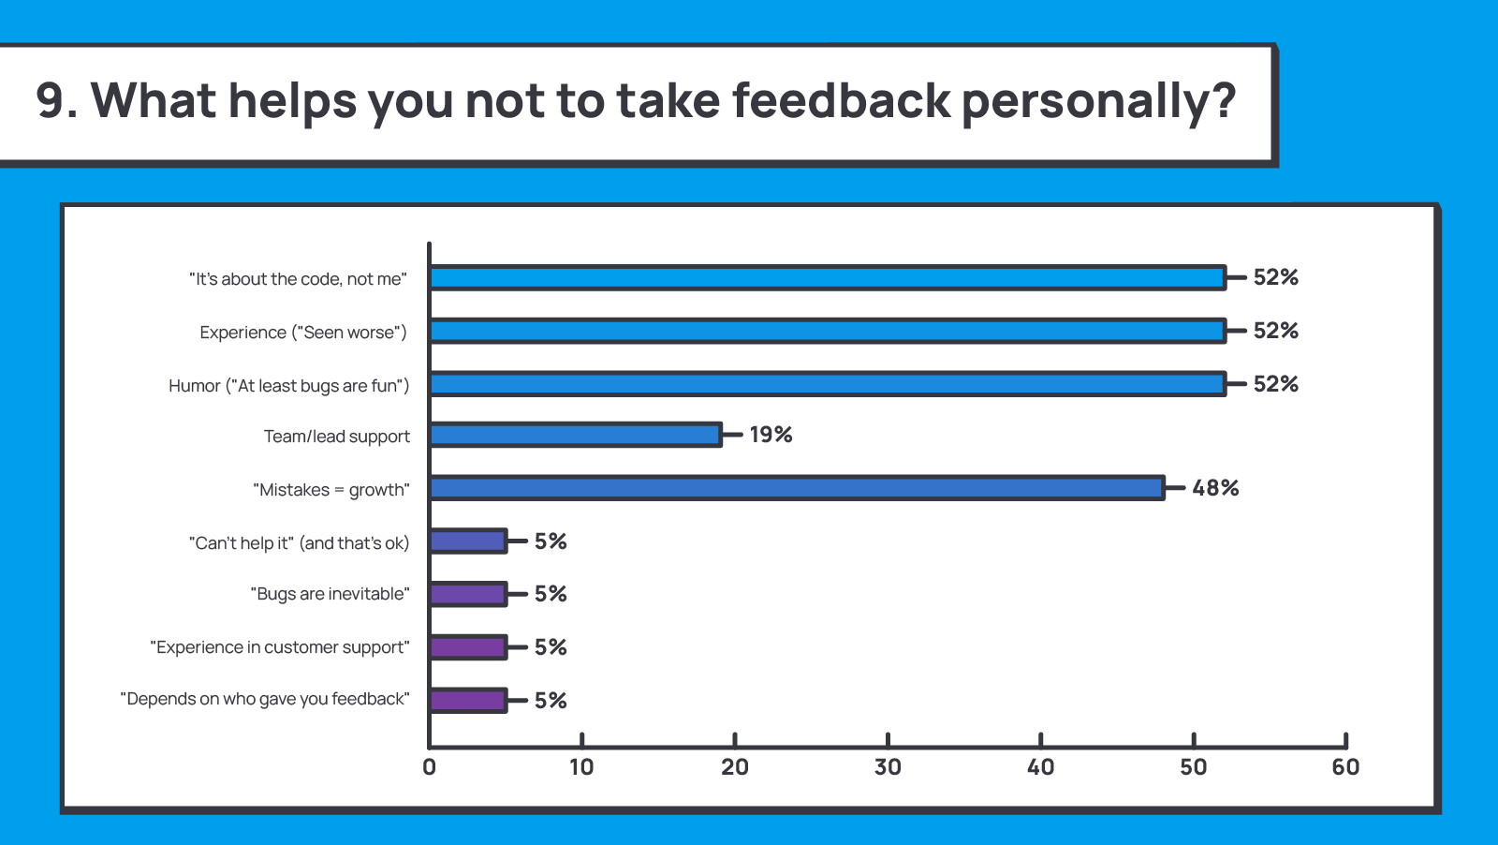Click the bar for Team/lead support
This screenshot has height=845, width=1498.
coord(575,435)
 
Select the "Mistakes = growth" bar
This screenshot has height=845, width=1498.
coord(797,488)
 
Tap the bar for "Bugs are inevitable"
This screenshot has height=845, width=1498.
coord(468,594)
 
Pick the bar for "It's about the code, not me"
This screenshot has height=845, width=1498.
coord(828,277)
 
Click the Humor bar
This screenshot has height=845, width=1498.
coord(828,384)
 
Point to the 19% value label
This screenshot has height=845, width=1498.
coord(771,435)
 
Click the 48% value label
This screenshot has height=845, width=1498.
coord(1215,488)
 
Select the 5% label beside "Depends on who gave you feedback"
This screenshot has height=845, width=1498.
coord(551,701)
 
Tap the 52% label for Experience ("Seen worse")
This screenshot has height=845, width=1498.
coord(1275,331)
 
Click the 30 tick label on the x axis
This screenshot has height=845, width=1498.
coord(888,767)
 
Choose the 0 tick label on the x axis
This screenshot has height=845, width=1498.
coord(430,767)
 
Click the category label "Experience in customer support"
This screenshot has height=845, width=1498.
coord(280,647)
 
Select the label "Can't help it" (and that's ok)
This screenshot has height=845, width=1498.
coord(300,543)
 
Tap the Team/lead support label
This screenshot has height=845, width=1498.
coord(337,437)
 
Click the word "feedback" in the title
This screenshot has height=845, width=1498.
coord(841,100)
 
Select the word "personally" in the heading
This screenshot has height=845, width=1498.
coord(1086,102)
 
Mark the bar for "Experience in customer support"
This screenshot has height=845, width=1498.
coord(468,647)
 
